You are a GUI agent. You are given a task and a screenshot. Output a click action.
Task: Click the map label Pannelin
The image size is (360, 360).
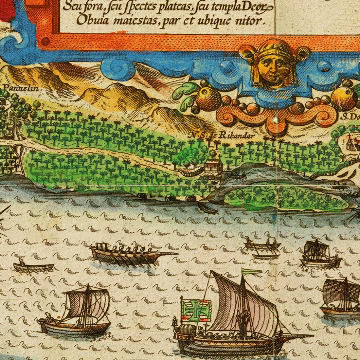(19, 88)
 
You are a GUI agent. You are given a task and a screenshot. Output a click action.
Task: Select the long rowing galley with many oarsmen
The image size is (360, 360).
(131, 255)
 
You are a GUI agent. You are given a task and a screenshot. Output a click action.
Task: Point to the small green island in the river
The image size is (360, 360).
(285, 198)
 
